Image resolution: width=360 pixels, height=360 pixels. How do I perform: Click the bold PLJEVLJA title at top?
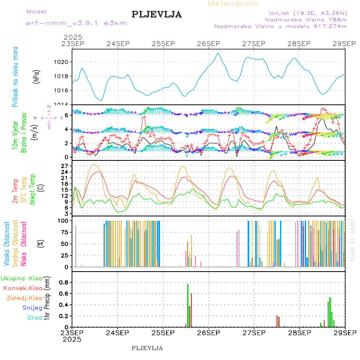156,14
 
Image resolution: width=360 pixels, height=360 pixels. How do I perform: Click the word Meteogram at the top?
233,4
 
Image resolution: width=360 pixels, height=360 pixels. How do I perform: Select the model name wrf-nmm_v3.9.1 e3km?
76,23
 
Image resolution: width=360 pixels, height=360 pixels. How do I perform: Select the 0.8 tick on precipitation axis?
64,282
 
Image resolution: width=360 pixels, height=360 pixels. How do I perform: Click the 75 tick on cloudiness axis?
64,232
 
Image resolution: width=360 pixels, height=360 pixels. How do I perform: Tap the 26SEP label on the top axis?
208,44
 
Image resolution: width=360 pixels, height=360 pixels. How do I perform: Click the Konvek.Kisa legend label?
23,288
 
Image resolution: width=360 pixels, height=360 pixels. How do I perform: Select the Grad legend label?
35,318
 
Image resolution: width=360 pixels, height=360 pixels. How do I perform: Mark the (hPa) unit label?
36,76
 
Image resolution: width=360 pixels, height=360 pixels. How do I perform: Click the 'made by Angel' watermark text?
352,240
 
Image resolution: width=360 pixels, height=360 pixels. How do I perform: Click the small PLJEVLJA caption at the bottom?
147,348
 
